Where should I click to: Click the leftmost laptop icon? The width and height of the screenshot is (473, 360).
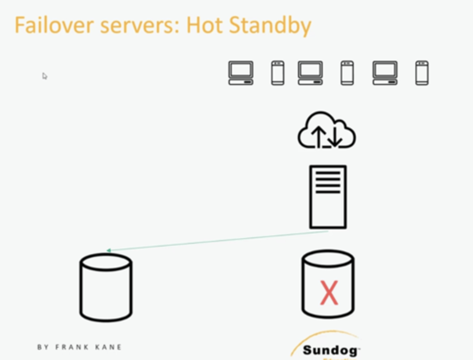click(x=241, y=73)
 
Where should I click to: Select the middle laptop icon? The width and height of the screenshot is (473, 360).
click(x=310, y=73)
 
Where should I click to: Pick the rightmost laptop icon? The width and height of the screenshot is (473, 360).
click(x=385, y=73)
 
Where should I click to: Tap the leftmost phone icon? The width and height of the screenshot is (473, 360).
click(x=278, y=73)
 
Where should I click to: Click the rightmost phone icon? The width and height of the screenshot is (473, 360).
click(x=422, y=73)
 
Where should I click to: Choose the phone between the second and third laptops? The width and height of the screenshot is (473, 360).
click(x=347, y=73)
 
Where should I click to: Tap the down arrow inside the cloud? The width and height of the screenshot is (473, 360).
click(x=335, y=136)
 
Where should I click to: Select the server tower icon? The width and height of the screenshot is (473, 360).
click(x=328, y=197)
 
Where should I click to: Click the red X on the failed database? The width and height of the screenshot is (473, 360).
click(x=329, y=293)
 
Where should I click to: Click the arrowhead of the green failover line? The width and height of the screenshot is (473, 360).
click(x=109, y=251)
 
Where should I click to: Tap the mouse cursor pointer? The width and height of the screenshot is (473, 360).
click(x=44, y=76)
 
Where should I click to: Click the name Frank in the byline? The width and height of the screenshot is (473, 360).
click(x=72, y=347)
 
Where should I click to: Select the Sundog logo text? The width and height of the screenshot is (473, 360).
click(x=330, y=350)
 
